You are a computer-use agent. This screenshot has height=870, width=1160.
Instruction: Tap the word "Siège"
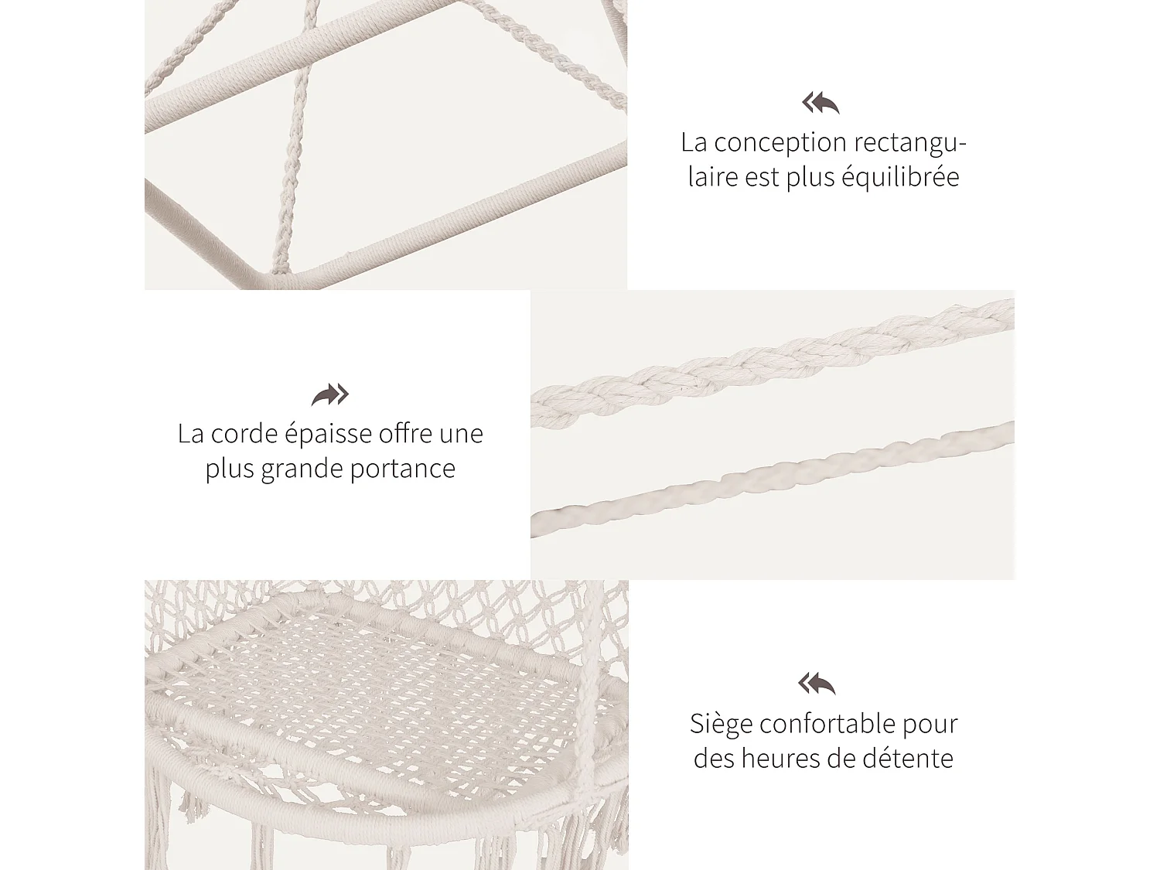(721, 725)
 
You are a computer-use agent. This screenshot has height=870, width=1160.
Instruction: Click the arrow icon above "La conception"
(821, 103)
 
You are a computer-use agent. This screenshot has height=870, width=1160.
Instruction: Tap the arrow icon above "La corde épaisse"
(330, 394)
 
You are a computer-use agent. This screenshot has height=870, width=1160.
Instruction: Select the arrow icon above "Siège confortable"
(817, 684)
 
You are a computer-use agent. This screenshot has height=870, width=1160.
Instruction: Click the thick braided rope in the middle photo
(773, 360)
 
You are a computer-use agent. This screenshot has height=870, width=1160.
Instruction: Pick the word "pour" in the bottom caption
(930, 725)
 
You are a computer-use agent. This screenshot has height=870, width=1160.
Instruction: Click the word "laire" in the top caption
(712, 177)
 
